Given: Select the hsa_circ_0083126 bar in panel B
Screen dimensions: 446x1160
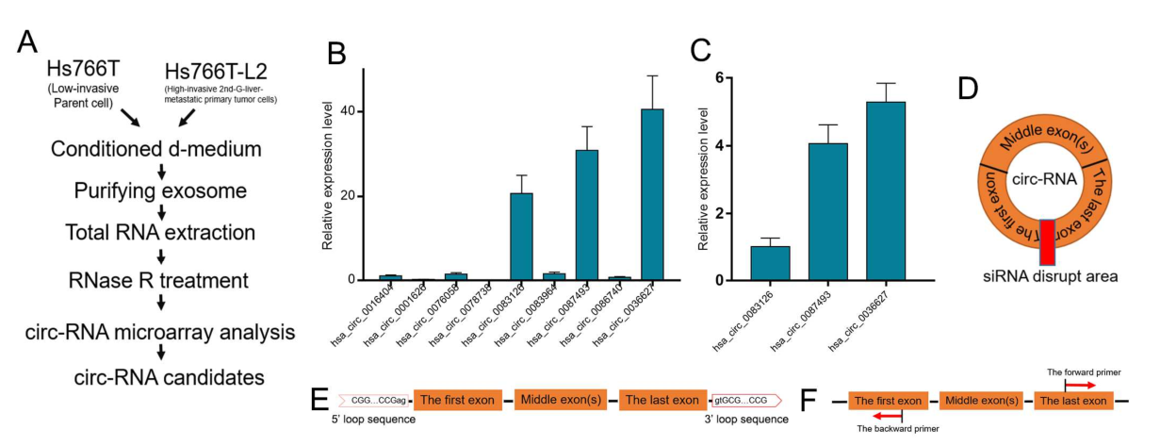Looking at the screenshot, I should tap(521, 237).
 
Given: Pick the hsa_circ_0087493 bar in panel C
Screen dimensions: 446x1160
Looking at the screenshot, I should tap(827, 212).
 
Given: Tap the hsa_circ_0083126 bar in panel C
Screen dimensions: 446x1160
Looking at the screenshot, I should tap(770, 263).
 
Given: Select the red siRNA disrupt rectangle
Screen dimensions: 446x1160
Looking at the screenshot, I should tap(1047, 242).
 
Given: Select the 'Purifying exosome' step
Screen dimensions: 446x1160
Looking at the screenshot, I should tap(162, 191).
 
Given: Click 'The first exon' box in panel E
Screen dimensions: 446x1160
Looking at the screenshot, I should tap(457, 400).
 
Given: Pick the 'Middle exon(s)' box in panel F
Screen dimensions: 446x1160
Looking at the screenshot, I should tap(980, 401).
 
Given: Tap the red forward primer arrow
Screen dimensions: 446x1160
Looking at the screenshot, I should tap(1081, 385).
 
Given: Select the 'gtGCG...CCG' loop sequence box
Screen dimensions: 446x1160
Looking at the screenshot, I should tap(746, 400).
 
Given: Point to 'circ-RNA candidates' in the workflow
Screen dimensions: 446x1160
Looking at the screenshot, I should tap(162, 377).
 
